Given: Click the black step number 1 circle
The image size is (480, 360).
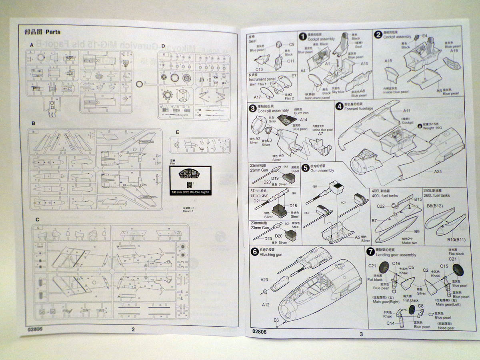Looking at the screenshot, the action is tap(303, 36).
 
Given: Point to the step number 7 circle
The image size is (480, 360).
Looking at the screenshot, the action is tap(370, 251).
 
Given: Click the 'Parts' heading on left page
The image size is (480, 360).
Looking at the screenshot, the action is tap(53, 32).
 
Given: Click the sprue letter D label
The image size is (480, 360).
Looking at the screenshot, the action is tap(163, 46).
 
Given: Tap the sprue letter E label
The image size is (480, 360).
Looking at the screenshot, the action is tap(177, 132).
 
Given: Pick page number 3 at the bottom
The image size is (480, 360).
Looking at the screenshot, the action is tap(361, 334).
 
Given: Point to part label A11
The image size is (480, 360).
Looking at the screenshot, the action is tap(407, 110).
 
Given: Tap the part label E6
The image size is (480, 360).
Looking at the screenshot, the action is tap(276, 320).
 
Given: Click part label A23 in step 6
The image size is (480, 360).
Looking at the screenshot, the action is tap(264, 280).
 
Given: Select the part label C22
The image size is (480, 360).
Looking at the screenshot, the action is tap(381, 206).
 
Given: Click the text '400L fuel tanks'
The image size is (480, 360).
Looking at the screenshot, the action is tap(384, 196).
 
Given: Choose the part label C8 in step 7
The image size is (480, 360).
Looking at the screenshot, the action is tap(420, 306).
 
